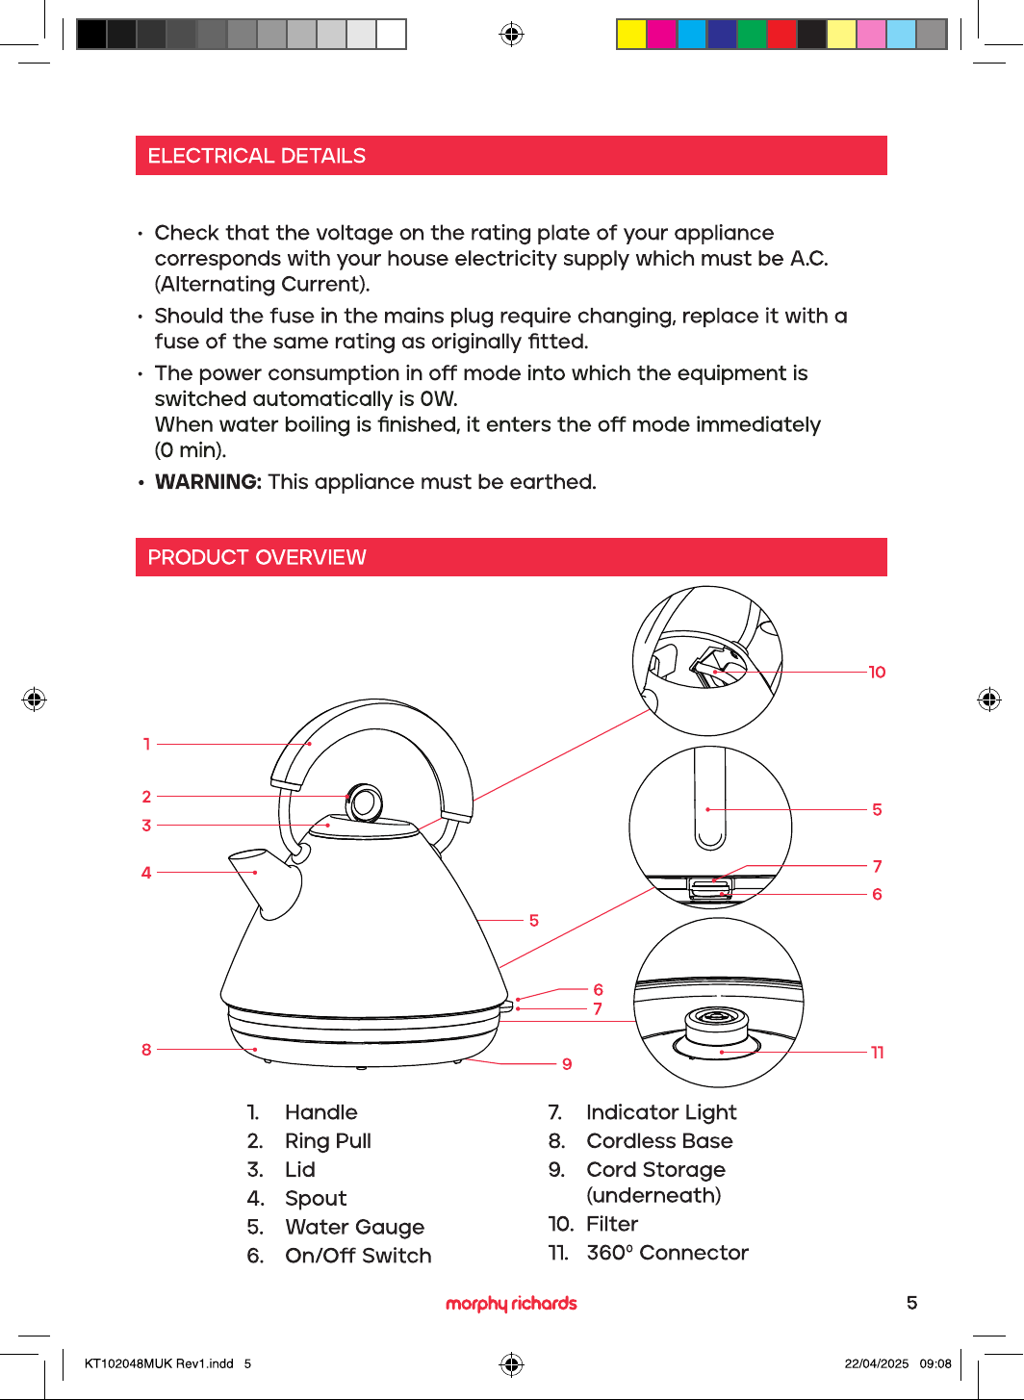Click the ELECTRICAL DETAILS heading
pyautogui.click(x=256, y=156)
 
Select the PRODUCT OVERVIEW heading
pyautogui.click(x=256, y=557)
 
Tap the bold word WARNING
pyautogui.click(x=208, y=482)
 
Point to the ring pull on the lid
pyautogui.click(x=365, y=802)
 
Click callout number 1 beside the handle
pyautogui.click(x=146, y=744)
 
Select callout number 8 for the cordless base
pyautogui.click(x=146, y=1050)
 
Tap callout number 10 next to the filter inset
pyautogui.click(x=877, y=672)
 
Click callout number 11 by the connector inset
pyautogui.click(x=877, y=1053)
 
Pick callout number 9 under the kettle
pyautogui.click(x=567, y=1064)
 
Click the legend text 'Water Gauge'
pyautogui.click(x=354, y=1227)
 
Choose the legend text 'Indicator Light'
pyautogui.click(x=661, y=1112)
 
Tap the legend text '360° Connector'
pyautogui.click(x=667, y=1253)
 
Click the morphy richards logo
pyautogui.click(x=511, y=1303)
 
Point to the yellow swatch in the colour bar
pyautogui.click(x=631, y=34)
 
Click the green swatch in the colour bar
pyautogui.click(x=752, y=34)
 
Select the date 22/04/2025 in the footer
pyautogui.click(x=877, y=1363)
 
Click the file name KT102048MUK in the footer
pyautogui.click(x=128, y=1363)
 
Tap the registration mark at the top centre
pyautogui.click(x=511, y=34)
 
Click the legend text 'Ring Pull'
pyautogui.click(x=327, y=1141)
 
